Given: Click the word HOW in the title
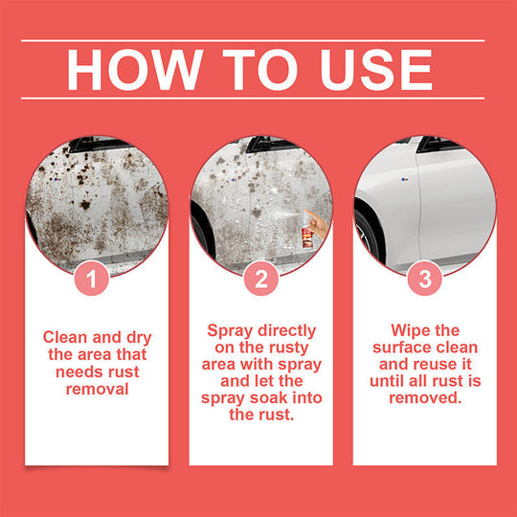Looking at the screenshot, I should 127,69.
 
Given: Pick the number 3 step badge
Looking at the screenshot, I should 424,281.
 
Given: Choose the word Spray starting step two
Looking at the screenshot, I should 230,329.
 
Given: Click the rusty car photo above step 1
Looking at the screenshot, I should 95,201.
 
